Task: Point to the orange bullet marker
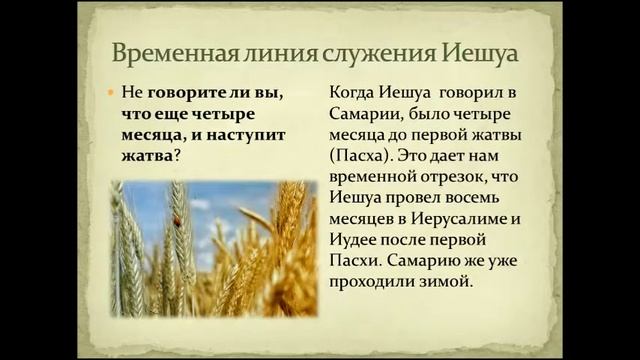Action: click(112, 91)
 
